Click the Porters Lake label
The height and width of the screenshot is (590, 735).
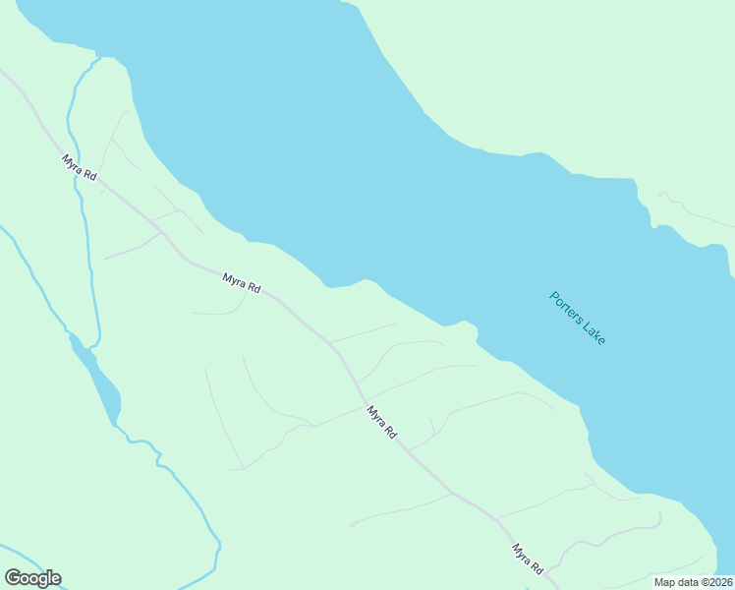pos(578,318)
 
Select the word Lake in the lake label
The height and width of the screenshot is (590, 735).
pos(594,333)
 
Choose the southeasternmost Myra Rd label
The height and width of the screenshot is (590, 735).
pos(528,559)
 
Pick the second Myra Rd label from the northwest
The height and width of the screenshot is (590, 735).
pos(241,284)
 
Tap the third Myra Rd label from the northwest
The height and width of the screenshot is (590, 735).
pos(381,422)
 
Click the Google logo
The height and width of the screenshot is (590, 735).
pos(32,578)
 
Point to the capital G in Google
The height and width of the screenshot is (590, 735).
pos(12,578)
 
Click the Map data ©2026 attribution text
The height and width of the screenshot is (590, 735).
pos(693,582)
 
